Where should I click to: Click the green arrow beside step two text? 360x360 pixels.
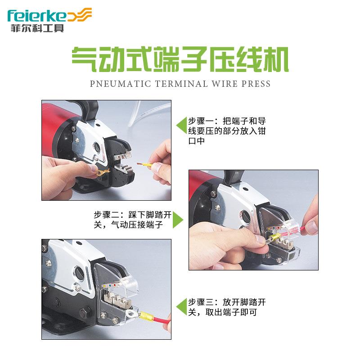pos(178,220)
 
